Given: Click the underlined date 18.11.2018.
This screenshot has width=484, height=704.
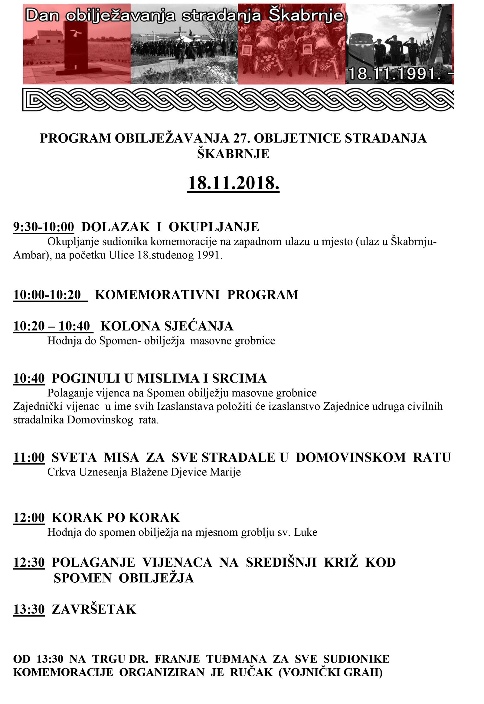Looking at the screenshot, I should [233, 183].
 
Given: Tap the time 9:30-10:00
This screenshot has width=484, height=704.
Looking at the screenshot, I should [44, 227].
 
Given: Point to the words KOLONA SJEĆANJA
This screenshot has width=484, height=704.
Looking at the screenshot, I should [167, 326].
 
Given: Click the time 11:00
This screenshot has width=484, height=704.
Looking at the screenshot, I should [29, 457].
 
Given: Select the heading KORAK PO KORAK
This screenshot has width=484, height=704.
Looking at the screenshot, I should [116, 517].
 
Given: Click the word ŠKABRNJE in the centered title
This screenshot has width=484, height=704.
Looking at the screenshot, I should [233, 154].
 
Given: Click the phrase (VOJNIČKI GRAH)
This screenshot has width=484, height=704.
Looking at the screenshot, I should [331, 673].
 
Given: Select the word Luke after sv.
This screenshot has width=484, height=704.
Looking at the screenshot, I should [308, 532].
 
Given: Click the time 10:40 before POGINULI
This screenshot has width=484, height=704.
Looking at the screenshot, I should [29, 378].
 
